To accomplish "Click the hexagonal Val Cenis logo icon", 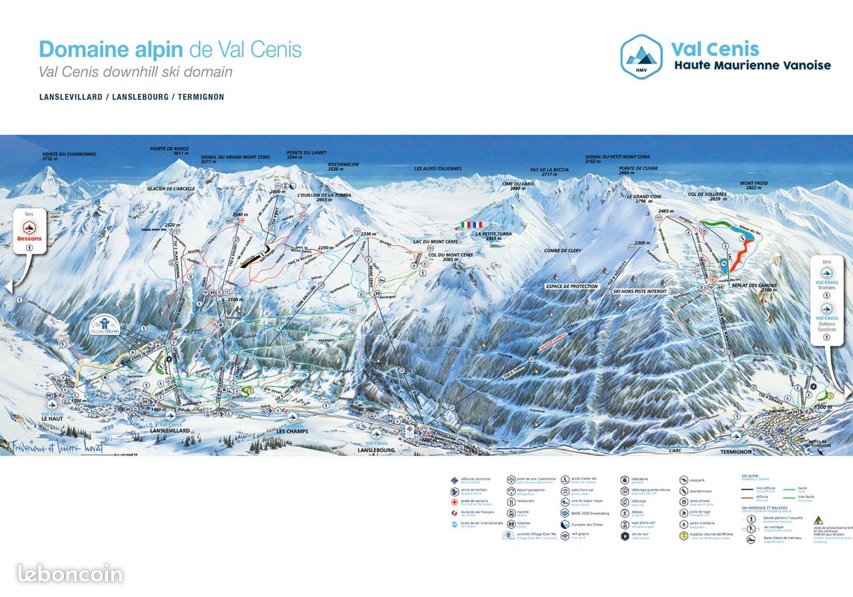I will tap(641, 55).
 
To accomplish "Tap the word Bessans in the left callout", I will tap(29, 239).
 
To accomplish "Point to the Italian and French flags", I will tap(471, 224).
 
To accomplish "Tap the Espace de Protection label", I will tap(571, 286).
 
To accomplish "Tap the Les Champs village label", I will tap(292, 431).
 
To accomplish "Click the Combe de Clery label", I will tap(563, 251).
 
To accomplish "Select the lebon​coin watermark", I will tap(70, 573).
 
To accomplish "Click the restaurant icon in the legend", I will tap(511, 501).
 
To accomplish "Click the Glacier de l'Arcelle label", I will tap(171, 189).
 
